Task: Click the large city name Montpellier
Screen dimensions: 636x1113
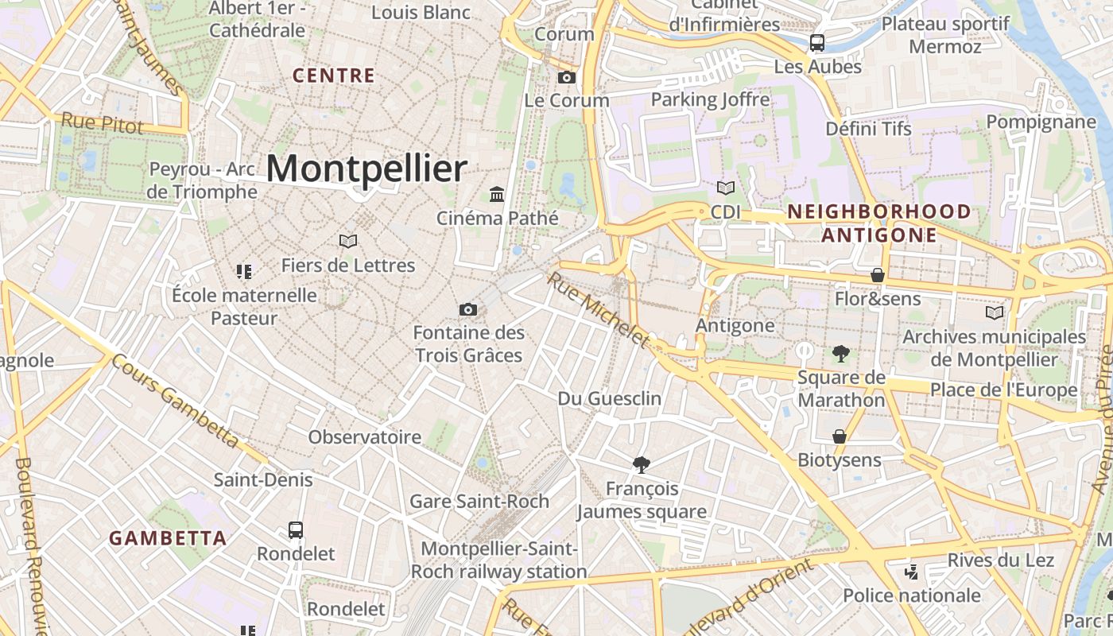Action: coord(366,169)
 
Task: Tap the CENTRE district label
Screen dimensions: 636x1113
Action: coord(334,76)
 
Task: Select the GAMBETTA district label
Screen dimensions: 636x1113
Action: coord(168,538)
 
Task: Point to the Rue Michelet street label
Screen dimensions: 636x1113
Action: coord(599,310)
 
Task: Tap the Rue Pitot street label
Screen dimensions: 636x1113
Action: coord(103,123)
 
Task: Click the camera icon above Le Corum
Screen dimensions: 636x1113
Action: coord(567,77)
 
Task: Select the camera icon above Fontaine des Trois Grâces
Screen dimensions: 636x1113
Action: coord(468,309)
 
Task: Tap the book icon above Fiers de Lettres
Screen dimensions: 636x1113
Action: coord(347,241)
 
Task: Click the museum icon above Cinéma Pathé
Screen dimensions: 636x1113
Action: coord(498,194)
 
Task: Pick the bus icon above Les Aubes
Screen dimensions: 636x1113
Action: coord(817,43)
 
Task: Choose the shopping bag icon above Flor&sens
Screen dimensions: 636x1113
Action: coord(878,275)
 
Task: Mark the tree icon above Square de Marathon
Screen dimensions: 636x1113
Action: coord(841,354)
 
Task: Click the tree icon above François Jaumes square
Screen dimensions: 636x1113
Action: coord(641,464)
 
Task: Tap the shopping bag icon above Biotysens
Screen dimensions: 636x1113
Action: coord(840,436)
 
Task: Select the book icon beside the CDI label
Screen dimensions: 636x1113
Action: coord(725,188)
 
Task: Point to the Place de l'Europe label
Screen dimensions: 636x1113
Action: coord(1004,390)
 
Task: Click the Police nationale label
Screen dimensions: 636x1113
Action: coord(912,595)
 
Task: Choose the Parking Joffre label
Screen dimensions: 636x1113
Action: coord(711,99)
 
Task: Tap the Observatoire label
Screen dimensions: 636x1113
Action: coord(365,436)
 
